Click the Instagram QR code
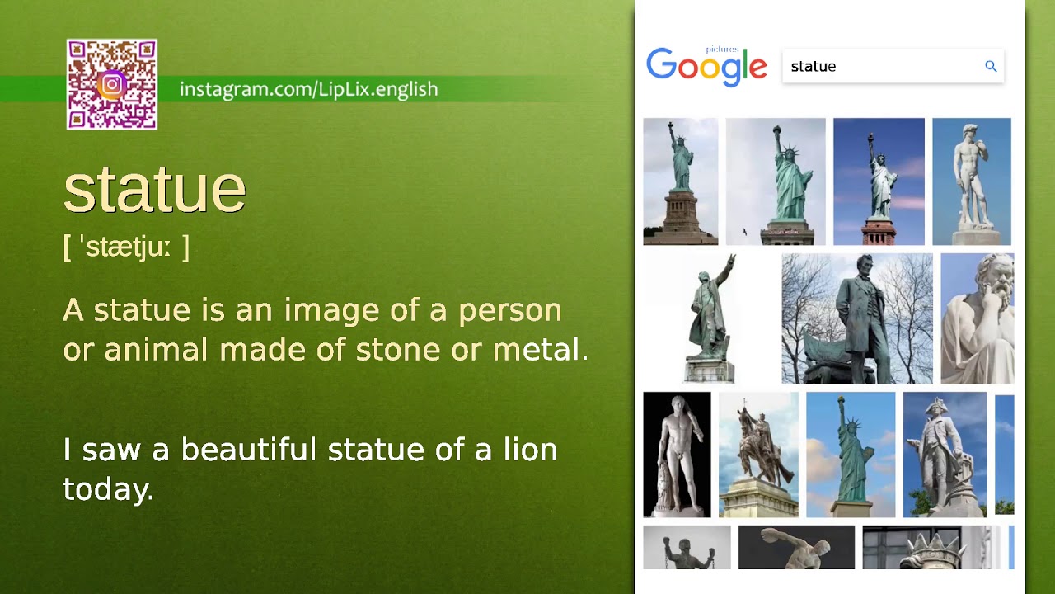(112, 84)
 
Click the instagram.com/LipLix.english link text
(308, 89)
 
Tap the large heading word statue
(155, 189)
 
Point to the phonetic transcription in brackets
(126, 247)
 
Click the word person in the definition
(509, 310)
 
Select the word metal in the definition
(539, 350)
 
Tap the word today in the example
(107, 489)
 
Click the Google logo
(706, 66)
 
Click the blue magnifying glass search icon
(991, 66)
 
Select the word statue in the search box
(814, 67)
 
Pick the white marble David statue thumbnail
(971, 181)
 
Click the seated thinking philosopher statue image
(978, 318)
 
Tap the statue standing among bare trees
(856, 318)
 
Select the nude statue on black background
(677, 455)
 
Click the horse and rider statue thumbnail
(758, 455)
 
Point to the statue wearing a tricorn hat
(945, 455)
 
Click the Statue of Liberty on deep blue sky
(879, 181)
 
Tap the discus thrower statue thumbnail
(796, 548)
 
